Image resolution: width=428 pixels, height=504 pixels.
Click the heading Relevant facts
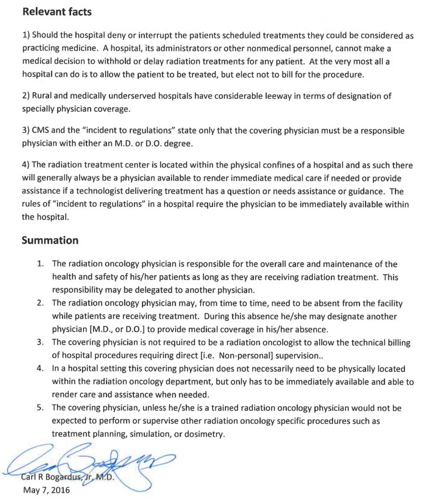pyautogui.click(x=57, y=12)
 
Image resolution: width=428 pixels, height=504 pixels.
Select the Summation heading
pyautogui.click(x=50, y=241)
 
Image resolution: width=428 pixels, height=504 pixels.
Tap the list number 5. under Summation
pyautogui.click(x=41, y=408)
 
